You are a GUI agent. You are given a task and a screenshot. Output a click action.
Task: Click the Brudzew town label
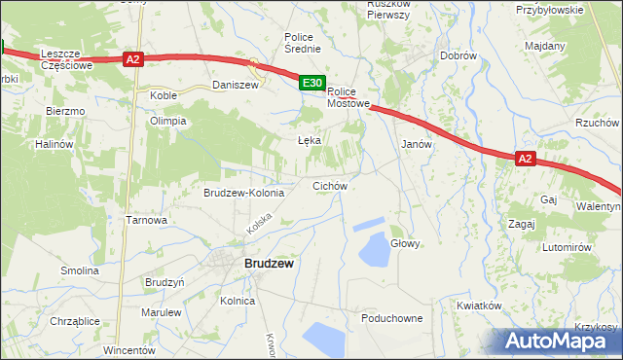pos(270,263)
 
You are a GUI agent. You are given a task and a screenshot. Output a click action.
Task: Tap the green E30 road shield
pos(311,85)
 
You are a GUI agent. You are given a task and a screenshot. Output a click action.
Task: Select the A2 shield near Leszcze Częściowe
pos(134,59)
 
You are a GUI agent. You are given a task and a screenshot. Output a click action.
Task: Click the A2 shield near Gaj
pos(525,159)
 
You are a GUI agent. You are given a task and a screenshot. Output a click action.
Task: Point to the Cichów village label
pos(329,185)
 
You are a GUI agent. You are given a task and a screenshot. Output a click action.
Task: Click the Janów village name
pos(416,143)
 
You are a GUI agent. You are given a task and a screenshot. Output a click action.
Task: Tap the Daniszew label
pos(235,86)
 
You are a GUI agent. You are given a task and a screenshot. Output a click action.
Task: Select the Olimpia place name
pos(166,122)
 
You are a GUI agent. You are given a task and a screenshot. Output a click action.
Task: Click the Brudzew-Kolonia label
pos(243,193)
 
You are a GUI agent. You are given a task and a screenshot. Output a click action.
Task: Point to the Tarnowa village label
pos(147,220)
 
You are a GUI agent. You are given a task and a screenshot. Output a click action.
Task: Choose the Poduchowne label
pos(391,318)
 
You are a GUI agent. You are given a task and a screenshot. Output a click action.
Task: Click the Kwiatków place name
pos(478,305)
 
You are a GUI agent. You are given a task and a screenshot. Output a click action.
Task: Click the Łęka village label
pos(309,140)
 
